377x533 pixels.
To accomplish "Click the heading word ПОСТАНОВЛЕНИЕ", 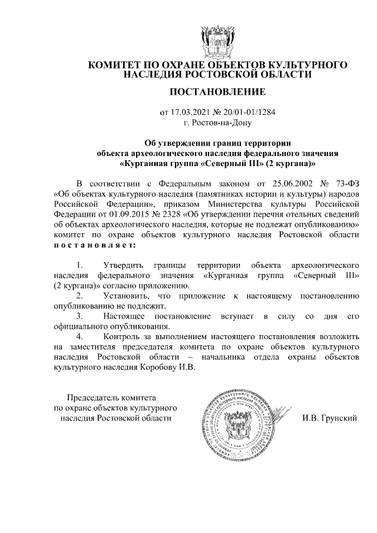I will (217, 92).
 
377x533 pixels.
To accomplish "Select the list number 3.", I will (80, 317).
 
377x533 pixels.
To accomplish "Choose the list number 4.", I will (80, 337).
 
